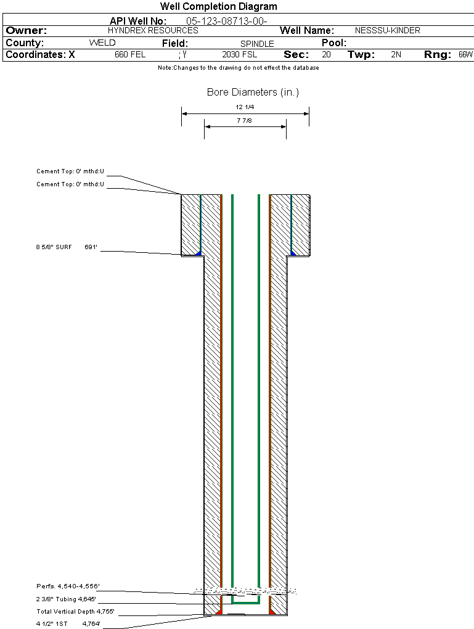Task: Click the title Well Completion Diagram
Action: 219,6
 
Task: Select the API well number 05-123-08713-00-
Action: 227,21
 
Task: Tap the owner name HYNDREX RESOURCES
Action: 153,30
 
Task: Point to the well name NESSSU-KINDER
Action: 387,30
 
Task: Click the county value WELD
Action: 102,43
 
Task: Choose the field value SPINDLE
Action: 257,44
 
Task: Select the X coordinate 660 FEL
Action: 130,54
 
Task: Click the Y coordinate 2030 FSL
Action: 239,54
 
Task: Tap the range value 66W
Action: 465,54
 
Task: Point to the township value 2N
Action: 396,54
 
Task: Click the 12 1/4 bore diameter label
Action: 245,107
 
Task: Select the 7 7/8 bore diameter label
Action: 244,120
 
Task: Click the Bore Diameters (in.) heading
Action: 253,92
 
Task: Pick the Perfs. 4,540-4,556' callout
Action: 68,586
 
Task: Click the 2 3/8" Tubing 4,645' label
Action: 66,599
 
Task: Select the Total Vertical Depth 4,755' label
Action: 75,611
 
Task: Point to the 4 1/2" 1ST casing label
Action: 52,624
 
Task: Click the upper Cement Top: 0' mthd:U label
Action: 70,171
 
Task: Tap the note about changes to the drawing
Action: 238,68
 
